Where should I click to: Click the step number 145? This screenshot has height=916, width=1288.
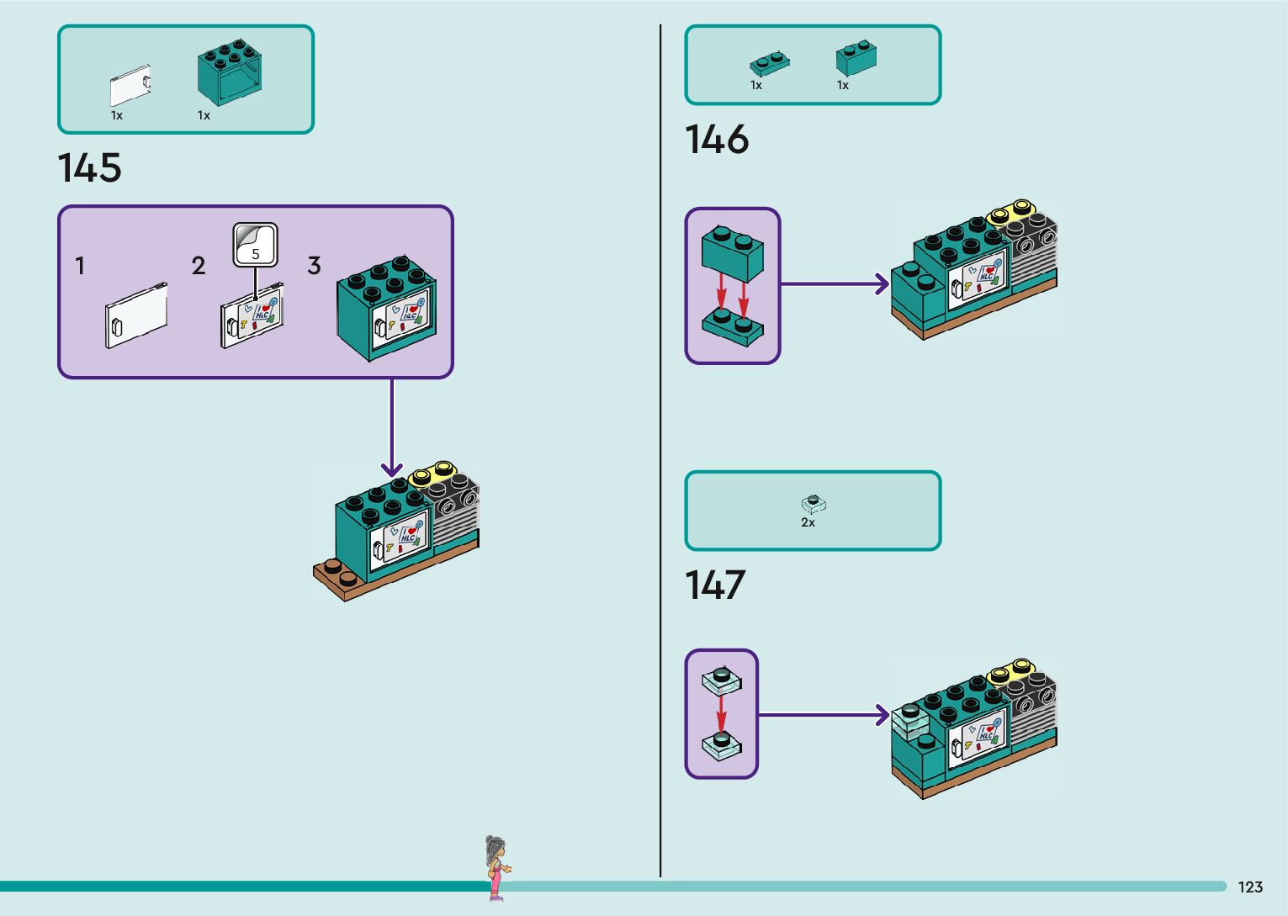(89, 167)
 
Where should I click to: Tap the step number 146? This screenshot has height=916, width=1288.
(716, 140)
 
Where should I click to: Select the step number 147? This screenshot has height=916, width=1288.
(715, 585)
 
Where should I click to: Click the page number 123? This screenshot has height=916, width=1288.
(1250, 887)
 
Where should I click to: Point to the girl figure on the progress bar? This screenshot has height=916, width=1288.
(496, 866)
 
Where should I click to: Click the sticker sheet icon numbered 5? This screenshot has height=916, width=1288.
(255, 245)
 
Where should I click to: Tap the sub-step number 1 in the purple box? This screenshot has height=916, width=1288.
(80, 267)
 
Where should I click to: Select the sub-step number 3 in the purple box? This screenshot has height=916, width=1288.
(314, 267)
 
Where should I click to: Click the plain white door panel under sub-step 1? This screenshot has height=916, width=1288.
(136, 315)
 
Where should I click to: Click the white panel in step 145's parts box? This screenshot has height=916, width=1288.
(130, 86)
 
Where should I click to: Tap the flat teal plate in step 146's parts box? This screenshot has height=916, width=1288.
(769, 63)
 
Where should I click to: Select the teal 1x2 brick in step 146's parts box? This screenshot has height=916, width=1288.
(856, 57)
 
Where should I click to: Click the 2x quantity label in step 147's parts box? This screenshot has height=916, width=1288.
(808, 522)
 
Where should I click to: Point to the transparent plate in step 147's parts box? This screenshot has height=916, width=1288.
(814, 504)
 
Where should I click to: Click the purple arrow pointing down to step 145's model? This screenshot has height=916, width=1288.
(392, 429)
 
